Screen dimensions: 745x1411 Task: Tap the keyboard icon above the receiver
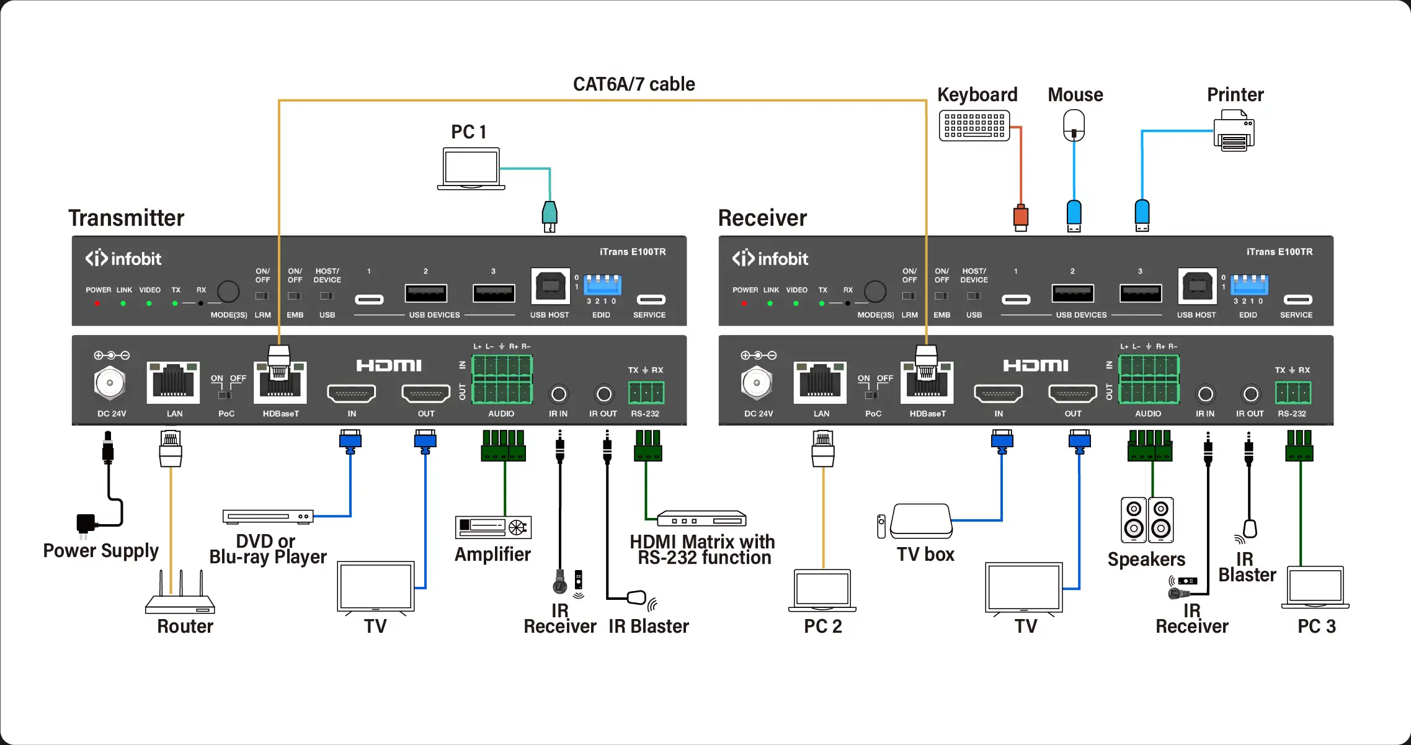tap(974, 125)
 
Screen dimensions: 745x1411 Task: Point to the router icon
tap(180, 596)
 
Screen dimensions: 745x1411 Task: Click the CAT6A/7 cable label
tap(633, 84)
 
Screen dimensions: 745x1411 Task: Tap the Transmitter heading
tap(126, 218)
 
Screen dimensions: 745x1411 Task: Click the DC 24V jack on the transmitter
tap(110, 383)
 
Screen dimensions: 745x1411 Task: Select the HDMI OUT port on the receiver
tap(1072, 393)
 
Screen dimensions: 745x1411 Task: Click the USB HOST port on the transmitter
tap(550, 287)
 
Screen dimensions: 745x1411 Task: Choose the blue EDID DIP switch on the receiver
tap(1249, 285)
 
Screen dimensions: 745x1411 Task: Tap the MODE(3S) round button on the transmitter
tap(228, 291)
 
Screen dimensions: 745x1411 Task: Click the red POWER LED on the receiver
tap(744, 303)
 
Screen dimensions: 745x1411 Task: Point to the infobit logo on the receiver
tap(770, 259)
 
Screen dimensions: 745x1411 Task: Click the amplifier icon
tap(494, 527)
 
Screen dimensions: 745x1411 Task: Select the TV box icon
tap(921, 521)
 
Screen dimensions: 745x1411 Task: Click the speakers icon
tap(1147, 520)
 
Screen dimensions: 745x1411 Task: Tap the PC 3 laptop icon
tap(1315, 587)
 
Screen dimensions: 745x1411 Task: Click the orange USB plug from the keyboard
tap(1021, 217)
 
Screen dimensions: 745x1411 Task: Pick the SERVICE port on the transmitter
tap(651, 300)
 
